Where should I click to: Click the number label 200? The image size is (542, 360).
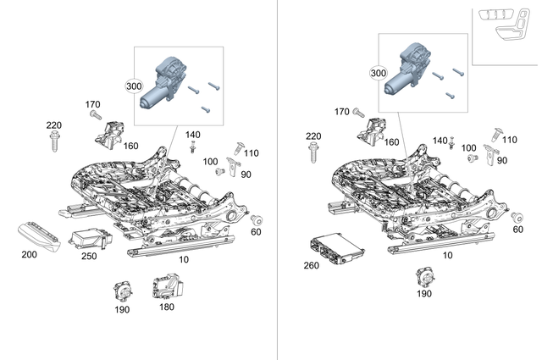(29, 253)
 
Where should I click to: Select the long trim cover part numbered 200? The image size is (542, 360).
(36, 234)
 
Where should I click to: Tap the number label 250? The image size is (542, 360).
(88, 256)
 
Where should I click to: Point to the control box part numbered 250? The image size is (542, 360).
(89, 236)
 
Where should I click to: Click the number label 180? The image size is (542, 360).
(167, 307)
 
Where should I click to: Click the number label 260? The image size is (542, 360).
(312, 265)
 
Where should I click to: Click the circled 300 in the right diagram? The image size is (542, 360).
(378, 74)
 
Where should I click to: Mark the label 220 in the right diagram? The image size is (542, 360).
(312, 136)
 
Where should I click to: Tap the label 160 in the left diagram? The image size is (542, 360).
(130, 145)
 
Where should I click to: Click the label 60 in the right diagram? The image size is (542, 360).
(517, 230)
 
